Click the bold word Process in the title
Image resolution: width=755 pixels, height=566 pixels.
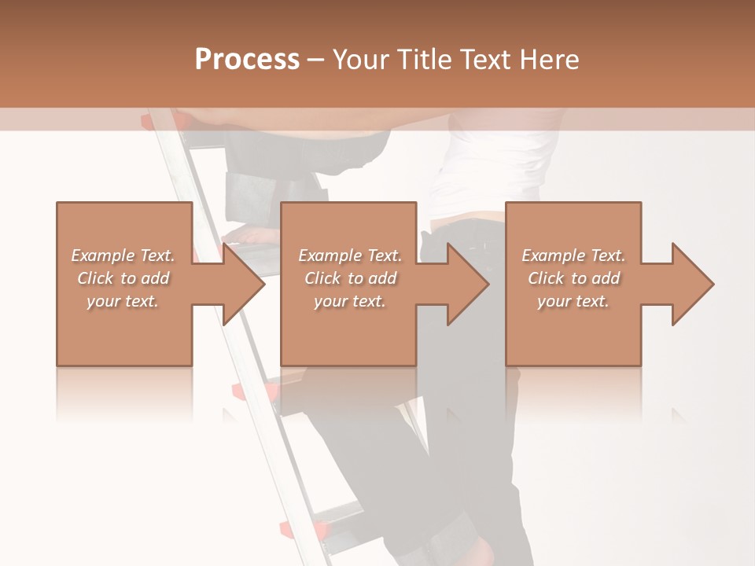pyautogui.click(x=247, y=60)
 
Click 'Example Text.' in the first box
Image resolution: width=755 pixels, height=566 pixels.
pyautogui.click(x=123, y=255)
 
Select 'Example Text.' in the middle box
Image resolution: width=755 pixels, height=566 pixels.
pyautogui.click(x=350, y=255)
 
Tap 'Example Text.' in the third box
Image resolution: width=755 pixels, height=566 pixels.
pyautogui.click(x=573, y=255)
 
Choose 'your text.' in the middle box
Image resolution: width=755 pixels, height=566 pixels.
pyautogui.click(x=350, y=301)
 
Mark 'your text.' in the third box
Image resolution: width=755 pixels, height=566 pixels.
pyautogui.click(x=573, y=301)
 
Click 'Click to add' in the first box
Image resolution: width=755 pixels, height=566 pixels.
pyautogui.click(x=123, y=278)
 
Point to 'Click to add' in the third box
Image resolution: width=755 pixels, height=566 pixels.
pyautogui.click(x=573, y=278)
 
